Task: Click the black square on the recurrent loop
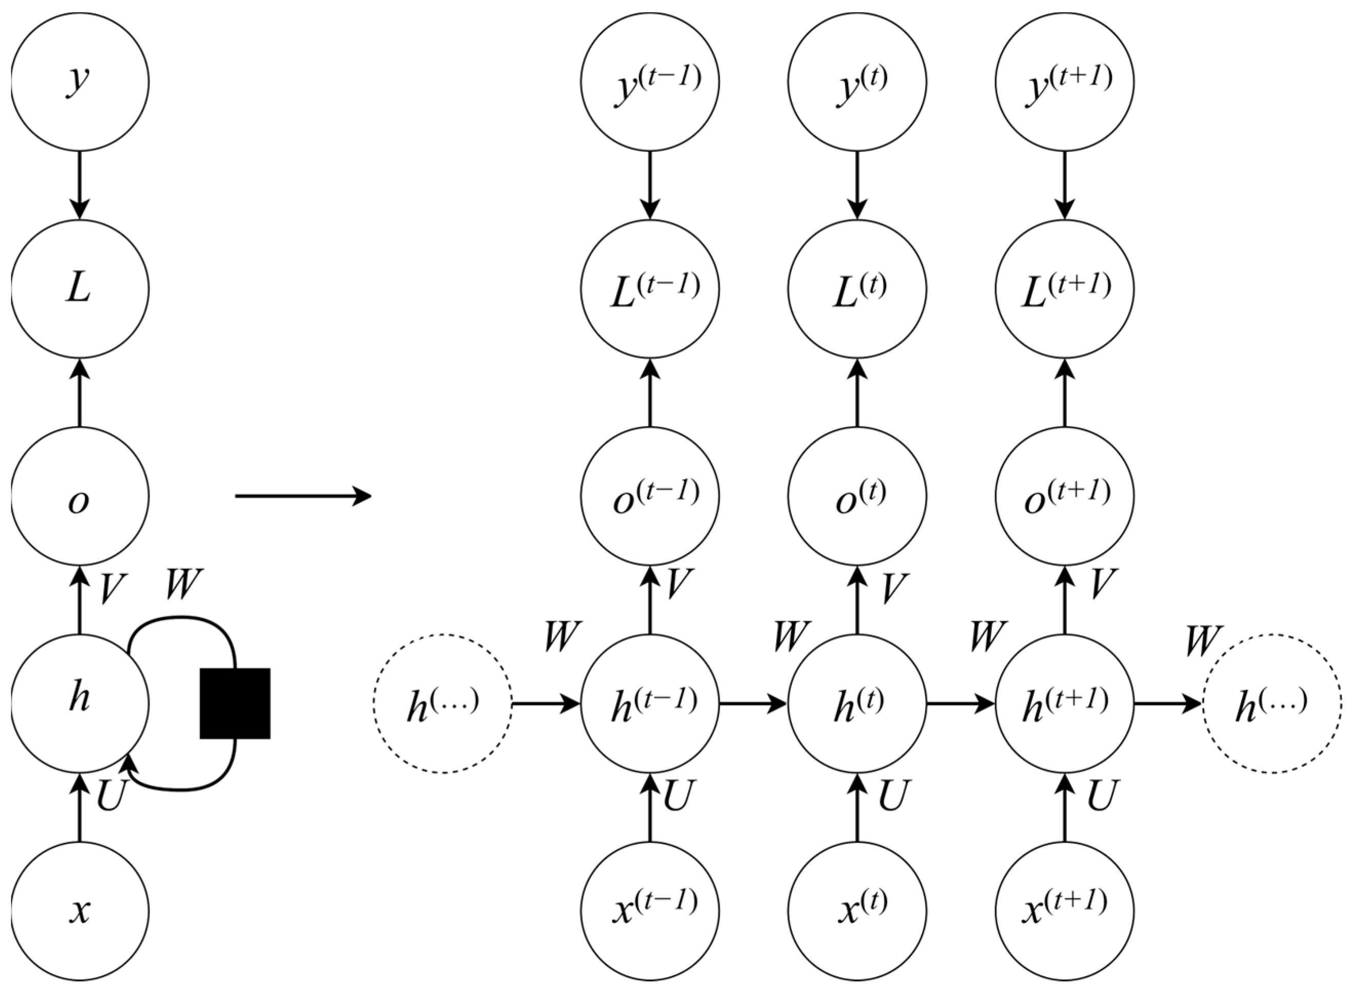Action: click(234, 703)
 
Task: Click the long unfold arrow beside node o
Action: click(303, 496)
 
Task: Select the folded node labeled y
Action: click(79, 82)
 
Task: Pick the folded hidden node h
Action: click(79, 703)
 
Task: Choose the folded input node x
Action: click(79, 911)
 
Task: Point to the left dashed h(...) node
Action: click(443, 703)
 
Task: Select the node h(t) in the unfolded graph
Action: click(857, 703)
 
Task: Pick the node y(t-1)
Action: click(650, 82)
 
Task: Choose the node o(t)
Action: click(857, 496)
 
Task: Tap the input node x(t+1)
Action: click(1064, 911)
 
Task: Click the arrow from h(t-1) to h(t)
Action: click(753, 703)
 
